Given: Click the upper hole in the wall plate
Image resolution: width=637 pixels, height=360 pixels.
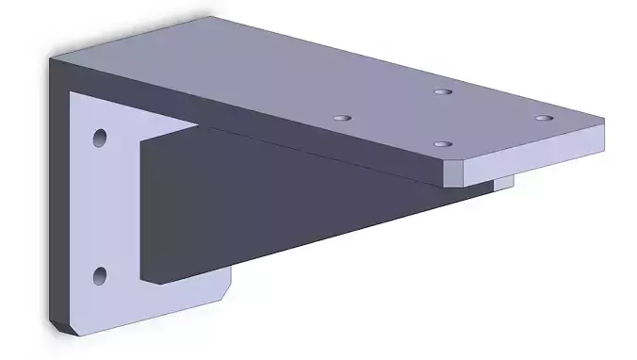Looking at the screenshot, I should pyautogui.click(x=99, y=139).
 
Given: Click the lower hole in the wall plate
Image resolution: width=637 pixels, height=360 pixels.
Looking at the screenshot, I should pyautogui.click(x=99, y=275).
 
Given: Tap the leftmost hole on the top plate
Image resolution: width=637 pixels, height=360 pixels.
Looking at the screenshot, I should pyautogui.click(x=341, y=119).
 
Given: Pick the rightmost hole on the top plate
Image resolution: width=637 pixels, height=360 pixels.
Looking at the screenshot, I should pyautogui.click(x=543, y=118).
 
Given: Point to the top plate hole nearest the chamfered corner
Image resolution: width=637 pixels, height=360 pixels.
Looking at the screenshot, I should pyautogui.click(x=442, y=144).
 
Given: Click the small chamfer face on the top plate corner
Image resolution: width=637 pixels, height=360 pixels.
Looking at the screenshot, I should pyautogui.click(x=454, y=172).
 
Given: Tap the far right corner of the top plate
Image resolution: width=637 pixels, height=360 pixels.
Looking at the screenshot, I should pyautogui.click(x=603, y=120).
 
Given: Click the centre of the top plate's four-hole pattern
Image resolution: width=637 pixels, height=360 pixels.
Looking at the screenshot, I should pyautogui.click(x=442, y=119).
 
